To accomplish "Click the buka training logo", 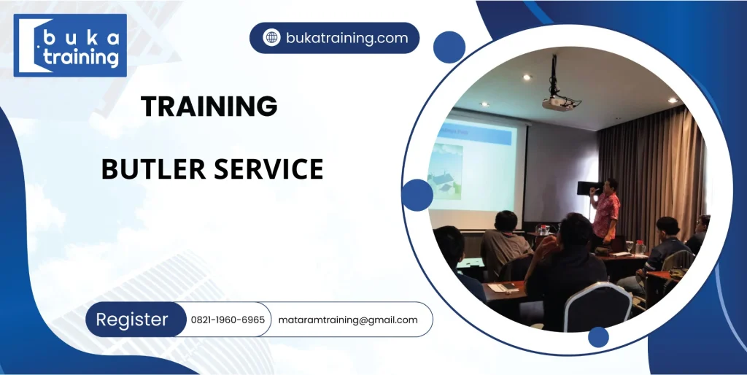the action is [x=70, y=45].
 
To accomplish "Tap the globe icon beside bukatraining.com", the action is [x=271, y=38].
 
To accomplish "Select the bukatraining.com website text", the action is [x=347, y=38].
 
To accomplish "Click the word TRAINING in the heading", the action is [x=209, y=106].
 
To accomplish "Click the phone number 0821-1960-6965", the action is [x=228, y=320].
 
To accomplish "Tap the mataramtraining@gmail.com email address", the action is [x=348, y=320].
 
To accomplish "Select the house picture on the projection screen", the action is [x=446, y=171].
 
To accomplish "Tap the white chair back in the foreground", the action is [x=598, y=305].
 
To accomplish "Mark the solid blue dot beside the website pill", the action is [x=449, y=47].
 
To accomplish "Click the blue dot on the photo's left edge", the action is [x=417, y=195].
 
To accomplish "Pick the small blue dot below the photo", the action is [x=598, y=337].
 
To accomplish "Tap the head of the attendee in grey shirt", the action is [x=506, y=221].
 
